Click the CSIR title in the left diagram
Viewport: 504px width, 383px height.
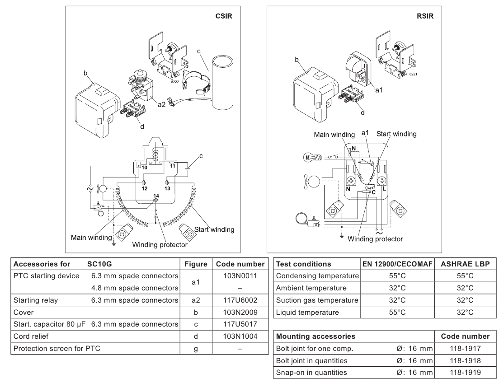[x=223, y=16]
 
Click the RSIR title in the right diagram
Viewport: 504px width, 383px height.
[x=425, y=16]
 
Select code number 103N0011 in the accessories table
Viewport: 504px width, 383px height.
[x=240, y=276]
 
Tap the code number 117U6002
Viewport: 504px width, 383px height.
[x=240, y=300]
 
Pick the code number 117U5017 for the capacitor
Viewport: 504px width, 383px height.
[x=240, y=324]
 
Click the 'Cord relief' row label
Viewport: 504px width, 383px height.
[x=31, y=336]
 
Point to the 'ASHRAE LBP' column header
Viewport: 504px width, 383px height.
[x=465, y=264]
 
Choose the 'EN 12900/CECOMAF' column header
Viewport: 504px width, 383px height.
[x=397, y=264]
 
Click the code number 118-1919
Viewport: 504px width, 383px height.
[x=465, y=373]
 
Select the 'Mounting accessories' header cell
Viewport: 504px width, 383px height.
[x=316, y=336]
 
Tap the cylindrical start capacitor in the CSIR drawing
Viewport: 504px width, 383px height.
[x=222, y=82]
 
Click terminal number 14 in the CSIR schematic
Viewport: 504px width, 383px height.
[x=156, y=196]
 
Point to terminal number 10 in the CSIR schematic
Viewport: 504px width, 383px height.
[x=144, y=168]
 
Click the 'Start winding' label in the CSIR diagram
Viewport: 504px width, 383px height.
[x=214, y=229]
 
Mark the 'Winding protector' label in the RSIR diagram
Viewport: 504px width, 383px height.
[x=375, y=239]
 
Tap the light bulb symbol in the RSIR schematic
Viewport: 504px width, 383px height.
[x=312, y=157]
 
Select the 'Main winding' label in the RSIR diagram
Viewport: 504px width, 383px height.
[x=334, y=135]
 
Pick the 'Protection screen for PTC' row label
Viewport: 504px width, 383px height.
[x=57, y=349]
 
